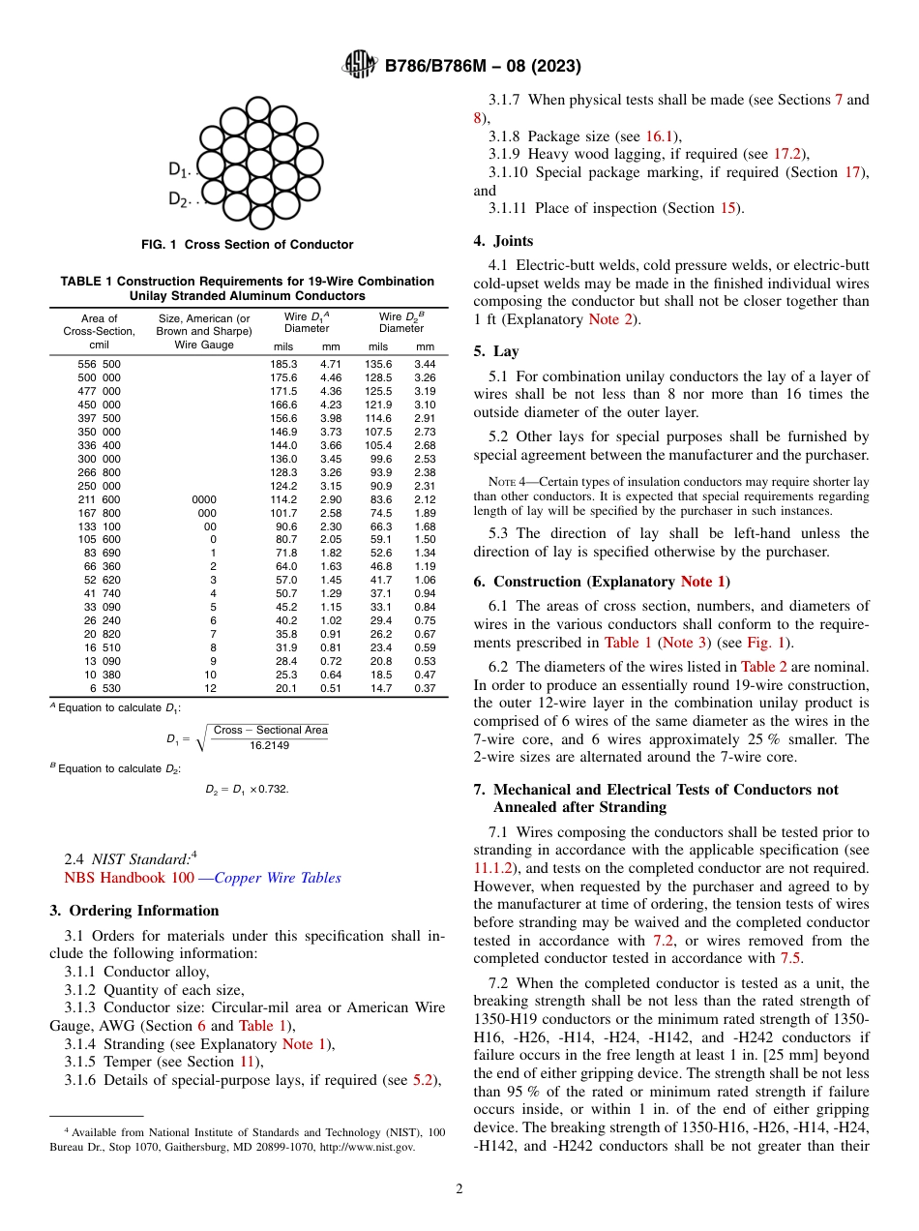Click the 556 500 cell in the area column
pos(100,364)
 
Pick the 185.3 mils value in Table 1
pos(282,364)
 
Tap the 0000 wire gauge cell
pos(203,499)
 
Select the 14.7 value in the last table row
pos(379,688)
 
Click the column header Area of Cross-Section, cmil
pos(100,331)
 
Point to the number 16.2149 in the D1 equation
pos(270,745)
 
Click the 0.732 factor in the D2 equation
pos(273,789)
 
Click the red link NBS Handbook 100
pos(129,878)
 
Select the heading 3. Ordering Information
pos(134,911)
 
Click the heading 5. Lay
pos(496,351)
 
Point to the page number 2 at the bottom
pos(459,1189)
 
